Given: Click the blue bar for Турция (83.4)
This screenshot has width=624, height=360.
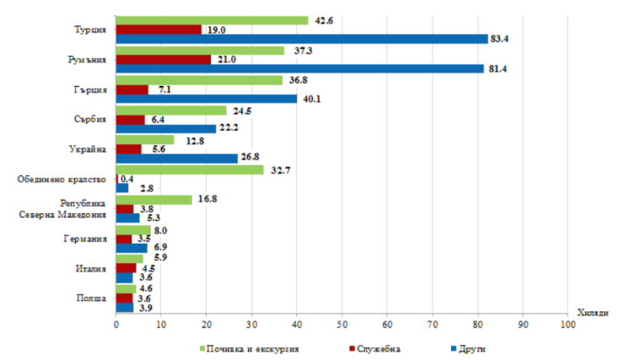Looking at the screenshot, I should [x=302, y=39].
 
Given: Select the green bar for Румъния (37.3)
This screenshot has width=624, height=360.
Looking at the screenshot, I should [x=200, y=51].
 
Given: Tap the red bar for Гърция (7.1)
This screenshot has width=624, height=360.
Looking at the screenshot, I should [x=132, y=89].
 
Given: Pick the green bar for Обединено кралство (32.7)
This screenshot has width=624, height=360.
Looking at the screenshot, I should [x=190, y=169].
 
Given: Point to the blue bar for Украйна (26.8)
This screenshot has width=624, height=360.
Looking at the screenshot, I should [x=176, y=158].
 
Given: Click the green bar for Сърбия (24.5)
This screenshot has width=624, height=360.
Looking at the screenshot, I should [x=171, y=110].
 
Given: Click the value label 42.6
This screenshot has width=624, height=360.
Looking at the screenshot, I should [x=324, y=19].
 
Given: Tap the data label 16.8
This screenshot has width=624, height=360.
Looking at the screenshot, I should [x=207, y=199].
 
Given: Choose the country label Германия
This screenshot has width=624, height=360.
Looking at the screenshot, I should [x=86, y=239].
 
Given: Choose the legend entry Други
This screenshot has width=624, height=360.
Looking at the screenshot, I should [x=471, y=348].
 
